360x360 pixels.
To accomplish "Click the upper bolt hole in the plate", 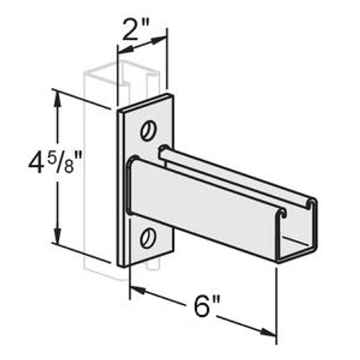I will tap(149, 130).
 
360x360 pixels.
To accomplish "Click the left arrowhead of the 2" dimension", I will tap(121, 51).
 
